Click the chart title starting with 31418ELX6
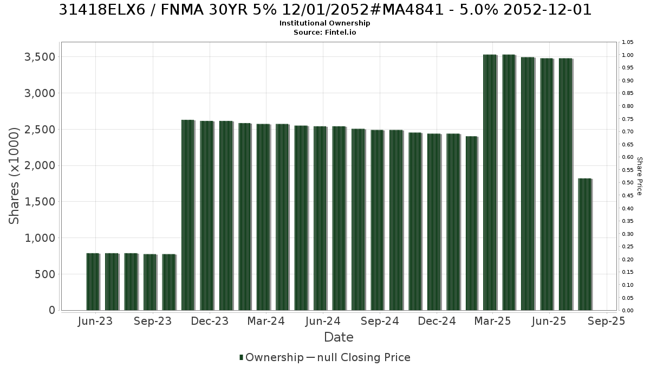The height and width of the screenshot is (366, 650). tap(325, 10)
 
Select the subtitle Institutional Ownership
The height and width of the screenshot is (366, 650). tap(324, 23)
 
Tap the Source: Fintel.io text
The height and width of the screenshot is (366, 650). tap(324, 32)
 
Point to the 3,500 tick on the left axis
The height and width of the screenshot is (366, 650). tap(40, 57)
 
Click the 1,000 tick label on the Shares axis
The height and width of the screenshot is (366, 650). tap(40, 238)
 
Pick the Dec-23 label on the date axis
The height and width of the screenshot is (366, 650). tap(210, 321)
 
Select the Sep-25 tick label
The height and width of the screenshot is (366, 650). tap(606, 321)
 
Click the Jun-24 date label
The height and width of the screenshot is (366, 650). tap(323, 321)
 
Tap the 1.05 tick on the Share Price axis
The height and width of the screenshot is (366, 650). tap(628, 42)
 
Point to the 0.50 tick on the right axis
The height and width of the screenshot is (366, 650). tap(628, 183)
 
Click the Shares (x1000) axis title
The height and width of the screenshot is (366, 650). tap(14, 176)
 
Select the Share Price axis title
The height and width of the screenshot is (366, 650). tap(640, 176)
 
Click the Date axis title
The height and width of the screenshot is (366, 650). tap(339, 337)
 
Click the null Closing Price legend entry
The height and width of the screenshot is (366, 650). tap(359, 357)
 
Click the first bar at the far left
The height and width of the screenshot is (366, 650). tap(93, 282)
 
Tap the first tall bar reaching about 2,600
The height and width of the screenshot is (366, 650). tap(188, 215)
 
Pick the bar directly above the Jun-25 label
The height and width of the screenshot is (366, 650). tap(547, 184)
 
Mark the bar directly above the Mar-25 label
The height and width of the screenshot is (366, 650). tap(490, 182)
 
